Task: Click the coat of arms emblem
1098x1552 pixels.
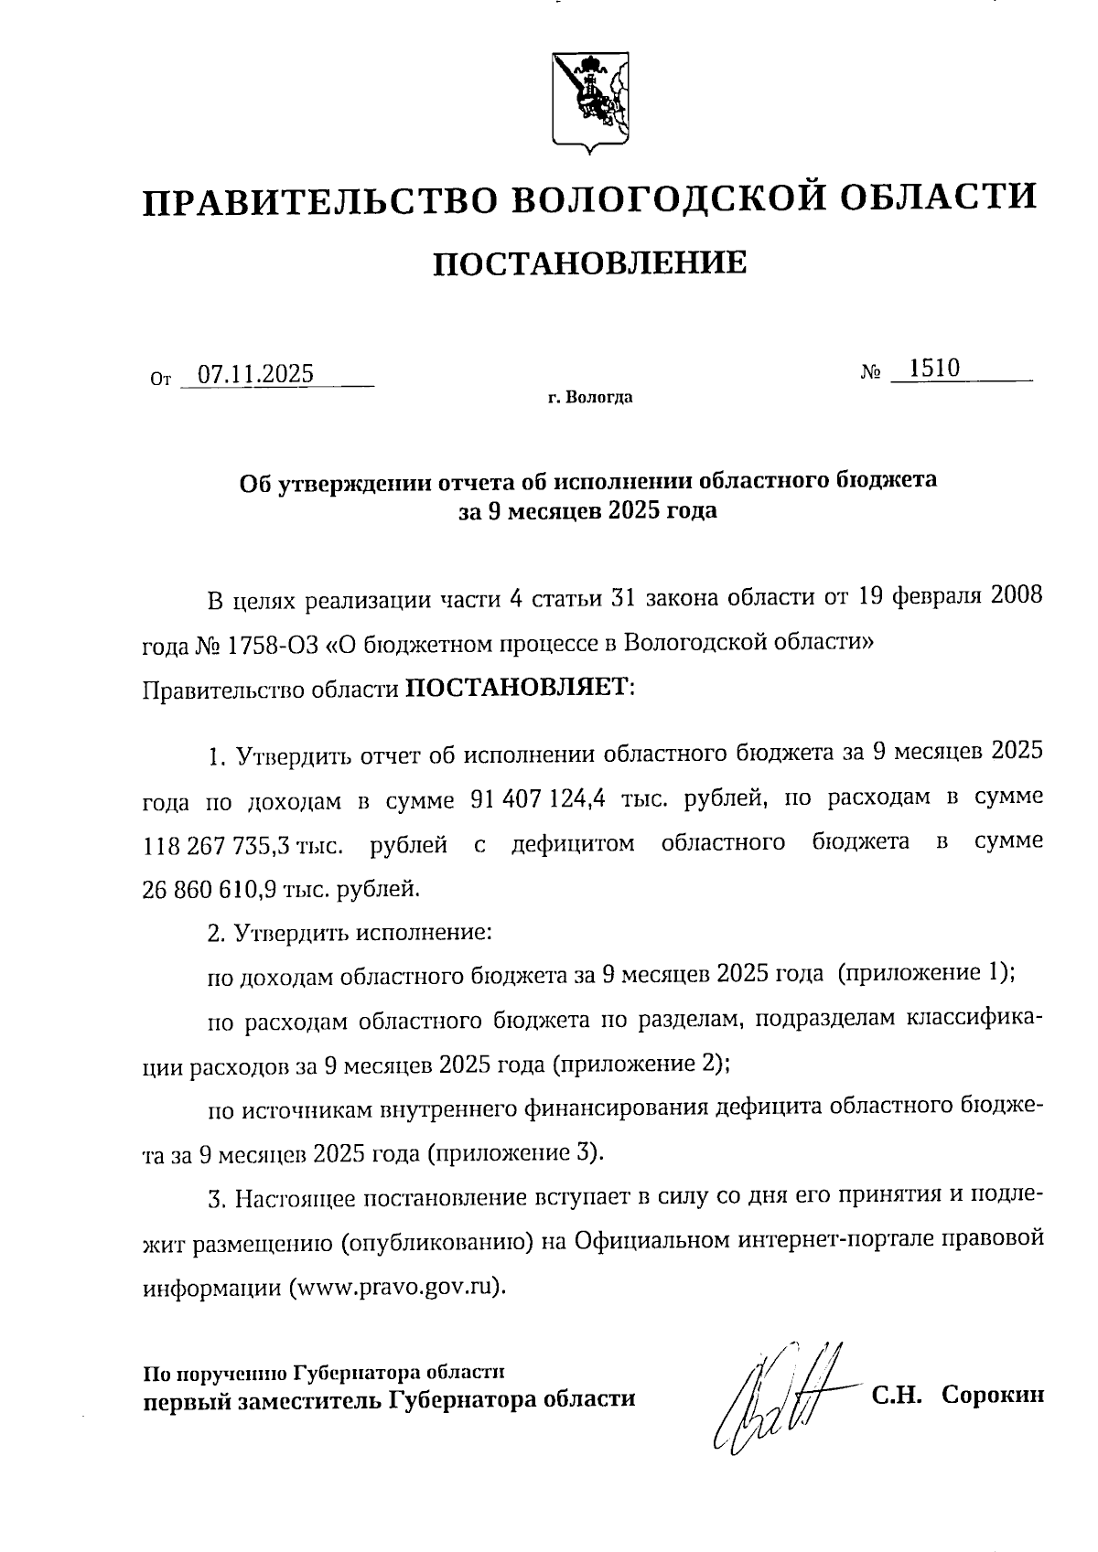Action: point(590,102)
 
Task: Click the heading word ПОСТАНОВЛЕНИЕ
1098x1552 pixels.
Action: point(589,263)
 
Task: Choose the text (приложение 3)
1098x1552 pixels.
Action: point(514,1152)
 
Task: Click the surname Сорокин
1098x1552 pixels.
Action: point(993,1396)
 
